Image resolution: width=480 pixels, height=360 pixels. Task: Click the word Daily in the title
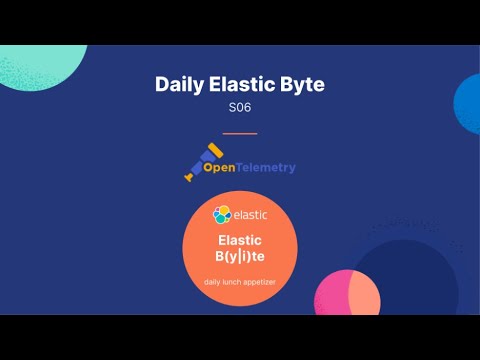tap(177, 85)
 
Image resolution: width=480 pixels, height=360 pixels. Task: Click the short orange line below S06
tap(240, 133)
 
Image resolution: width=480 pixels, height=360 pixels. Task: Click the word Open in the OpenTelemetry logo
tap(221, 168)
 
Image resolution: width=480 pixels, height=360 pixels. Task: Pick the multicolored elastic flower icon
tap(222, 214)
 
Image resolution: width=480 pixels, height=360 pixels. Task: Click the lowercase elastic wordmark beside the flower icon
tap(249, 214)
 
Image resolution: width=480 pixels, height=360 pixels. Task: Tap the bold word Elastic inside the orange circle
tap(240, 240)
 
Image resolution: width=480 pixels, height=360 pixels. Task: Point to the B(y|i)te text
tap(240, 258)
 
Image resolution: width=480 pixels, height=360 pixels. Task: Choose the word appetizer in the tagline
tap(264, 282)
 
